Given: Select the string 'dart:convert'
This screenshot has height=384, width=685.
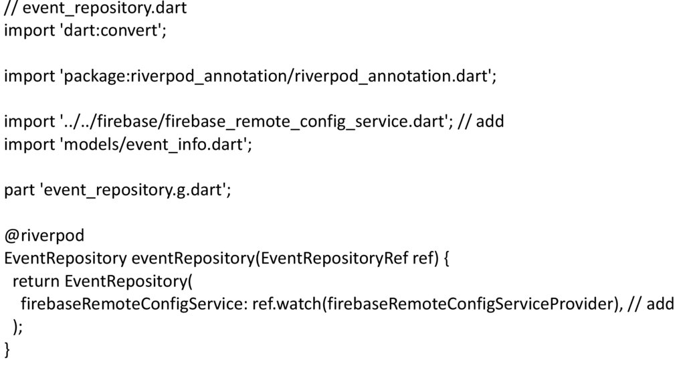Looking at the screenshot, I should (x=111, y=31).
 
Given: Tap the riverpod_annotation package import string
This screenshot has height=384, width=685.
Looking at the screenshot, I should (x=277, y=77).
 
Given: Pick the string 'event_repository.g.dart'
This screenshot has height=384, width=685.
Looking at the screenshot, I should (x=134, y=191).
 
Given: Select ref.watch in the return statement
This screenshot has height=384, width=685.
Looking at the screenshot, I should (x=286, y=304).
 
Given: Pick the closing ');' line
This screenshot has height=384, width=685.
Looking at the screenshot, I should (x=18, y=327).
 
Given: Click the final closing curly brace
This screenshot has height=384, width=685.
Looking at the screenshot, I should (x=7, y=350).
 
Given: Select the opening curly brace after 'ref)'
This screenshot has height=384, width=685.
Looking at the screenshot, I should (x=446, y=259).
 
